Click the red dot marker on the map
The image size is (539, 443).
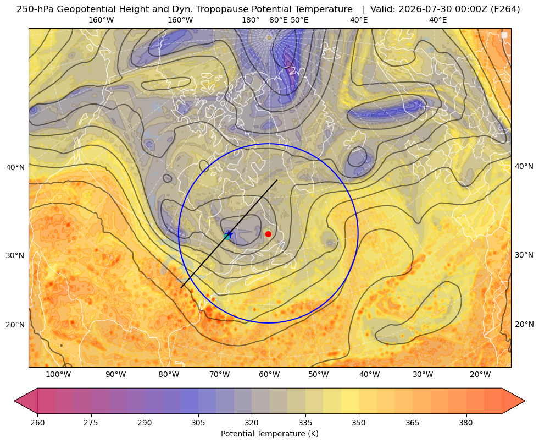click(269, 234)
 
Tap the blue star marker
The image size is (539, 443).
click(229, 234)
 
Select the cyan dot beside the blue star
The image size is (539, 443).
click(226, 237)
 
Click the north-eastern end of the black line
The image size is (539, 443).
click(277, 180)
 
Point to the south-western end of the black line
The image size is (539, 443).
click(181, 288)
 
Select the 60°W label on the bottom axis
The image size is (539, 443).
click(269, 375)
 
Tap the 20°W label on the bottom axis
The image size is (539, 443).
click(480, 375)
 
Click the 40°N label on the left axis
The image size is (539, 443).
click(15, 168)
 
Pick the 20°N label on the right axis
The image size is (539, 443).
click(524, 324)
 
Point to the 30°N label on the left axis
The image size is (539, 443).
click(15, 256)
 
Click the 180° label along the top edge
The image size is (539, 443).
click(251, 20)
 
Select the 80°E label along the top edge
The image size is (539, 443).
click(279, 20)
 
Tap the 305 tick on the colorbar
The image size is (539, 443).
click(198, 423)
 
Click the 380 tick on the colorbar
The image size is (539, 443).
click(466, 423)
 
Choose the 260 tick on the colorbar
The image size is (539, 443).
click(37, 423)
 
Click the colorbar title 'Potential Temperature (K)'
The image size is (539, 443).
click(269, 434)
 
